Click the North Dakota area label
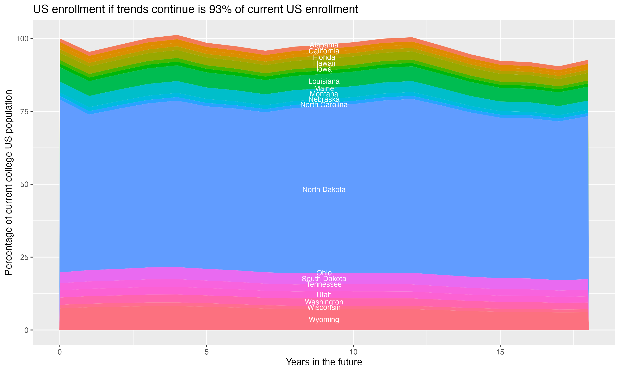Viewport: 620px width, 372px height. (x=324, y=190)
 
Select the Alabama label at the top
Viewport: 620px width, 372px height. (x=324, y=45)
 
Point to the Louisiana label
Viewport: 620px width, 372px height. (x=324, y=81)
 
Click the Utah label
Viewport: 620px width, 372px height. (x=324, y=295)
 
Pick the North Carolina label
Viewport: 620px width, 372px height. (x=324, y=105)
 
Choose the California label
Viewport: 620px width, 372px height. (x=324, y=51)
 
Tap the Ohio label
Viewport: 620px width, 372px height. (x=324, y=273)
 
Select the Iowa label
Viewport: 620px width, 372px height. (x=324, y=69)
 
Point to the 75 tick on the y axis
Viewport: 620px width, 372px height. (x=24, y=112)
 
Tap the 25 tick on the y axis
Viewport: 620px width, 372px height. (x=24, y=257)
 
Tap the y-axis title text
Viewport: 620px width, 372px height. (x=8, y=182)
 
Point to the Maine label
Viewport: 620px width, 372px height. (x=324, y=89)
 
